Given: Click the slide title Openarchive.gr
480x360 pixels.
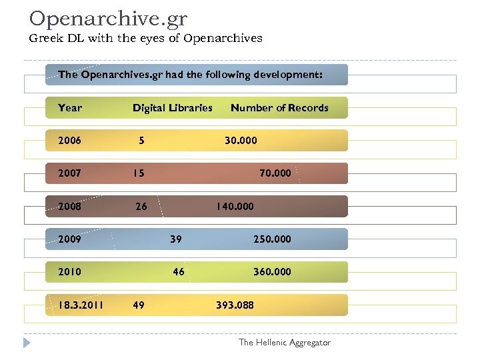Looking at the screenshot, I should (108, 18).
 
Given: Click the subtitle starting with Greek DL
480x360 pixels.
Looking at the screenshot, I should (145, 38).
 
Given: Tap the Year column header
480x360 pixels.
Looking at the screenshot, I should (70, 107).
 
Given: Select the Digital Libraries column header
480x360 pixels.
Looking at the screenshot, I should (172, 107).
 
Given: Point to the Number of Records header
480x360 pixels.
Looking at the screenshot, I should (279, 107).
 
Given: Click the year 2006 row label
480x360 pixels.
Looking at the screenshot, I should (70, 141).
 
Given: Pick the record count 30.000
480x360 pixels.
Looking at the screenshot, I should (241, 141).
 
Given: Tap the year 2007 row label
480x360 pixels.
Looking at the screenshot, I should (70, 173).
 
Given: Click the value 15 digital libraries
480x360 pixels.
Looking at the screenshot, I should (138, 173).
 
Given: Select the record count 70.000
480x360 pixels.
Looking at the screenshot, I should (275, 173).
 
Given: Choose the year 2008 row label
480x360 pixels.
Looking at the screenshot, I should (70, 207).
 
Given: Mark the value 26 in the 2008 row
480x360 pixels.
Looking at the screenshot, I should (141, 207).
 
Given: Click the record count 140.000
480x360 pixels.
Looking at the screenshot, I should (234, 207).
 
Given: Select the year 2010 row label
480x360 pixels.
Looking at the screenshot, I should (70, 272).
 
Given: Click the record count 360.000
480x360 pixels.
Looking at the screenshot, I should (272, 272).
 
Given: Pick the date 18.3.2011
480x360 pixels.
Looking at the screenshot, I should (81, 305).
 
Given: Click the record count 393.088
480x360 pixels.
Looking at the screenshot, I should (235, 305).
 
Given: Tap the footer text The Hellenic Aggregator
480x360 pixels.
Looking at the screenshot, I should (284, 343).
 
